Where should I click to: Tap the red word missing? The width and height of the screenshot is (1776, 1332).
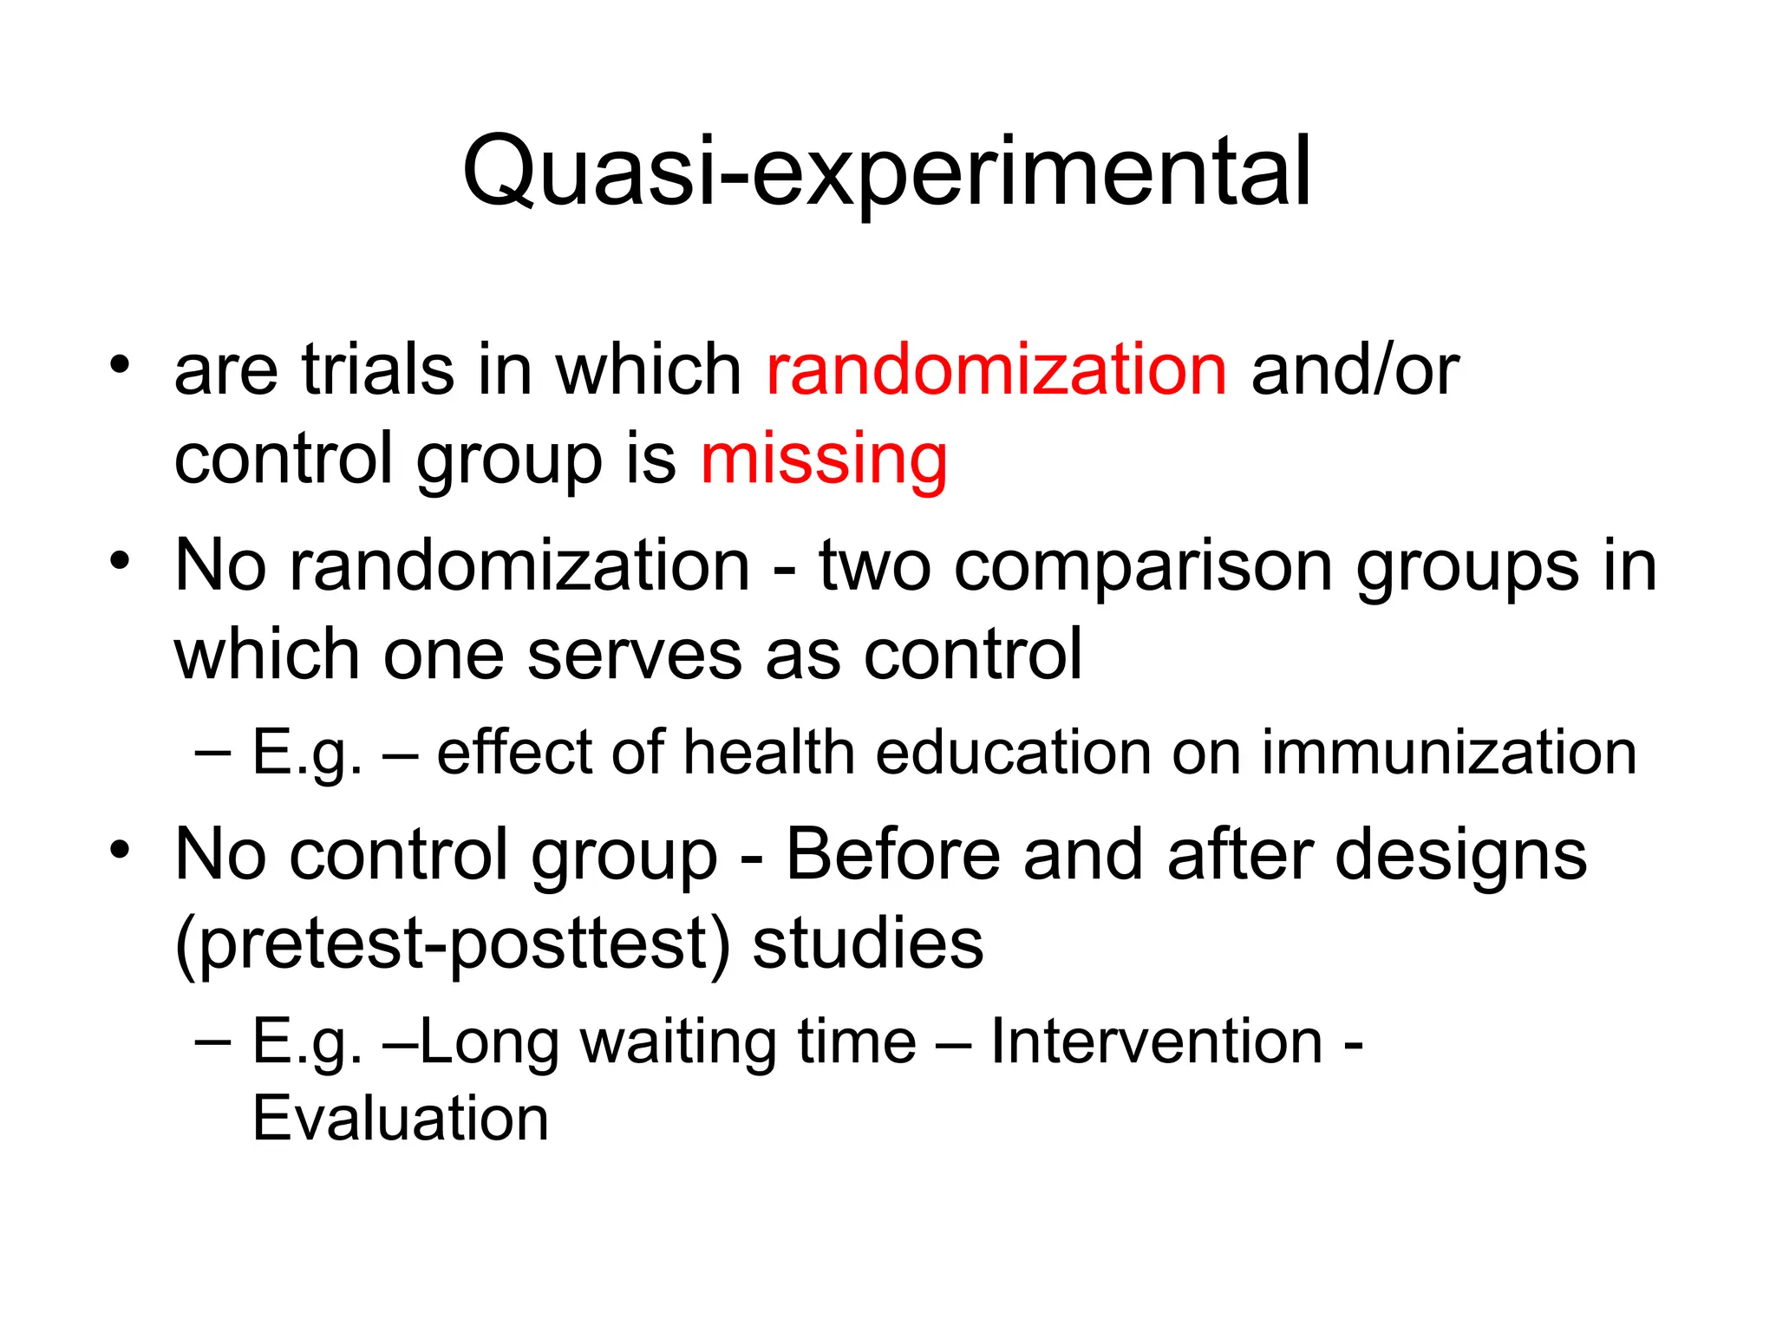click(824, 460)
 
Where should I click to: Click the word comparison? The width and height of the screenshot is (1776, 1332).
click(1143, 566)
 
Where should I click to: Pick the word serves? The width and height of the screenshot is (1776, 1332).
click(635, 655)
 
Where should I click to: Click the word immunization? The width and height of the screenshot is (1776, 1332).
click(1448, 752)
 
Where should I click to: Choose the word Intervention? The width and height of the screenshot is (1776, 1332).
click(1156, 1041)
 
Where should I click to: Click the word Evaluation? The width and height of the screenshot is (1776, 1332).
click(401, 1119)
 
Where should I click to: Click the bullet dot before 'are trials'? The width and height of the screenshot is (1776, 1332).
click(120, 362)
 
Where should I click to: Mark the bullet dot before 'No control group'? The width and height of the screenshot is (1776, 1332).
click(120, 849)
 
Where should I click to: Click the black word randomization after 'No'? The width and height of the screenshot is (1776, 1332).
click(519, 566)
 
